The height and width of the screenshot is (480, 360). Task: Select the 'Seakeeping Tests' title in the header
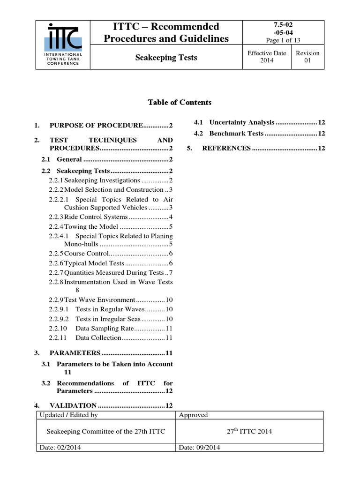[166, 58]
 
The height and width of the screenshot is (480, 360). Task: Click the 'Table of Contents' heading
[180, 102]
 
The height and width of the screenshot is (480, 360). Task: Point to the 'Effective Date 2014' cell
[266, 57]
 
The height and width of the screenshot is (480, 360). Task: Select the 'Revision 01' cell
[307, 57]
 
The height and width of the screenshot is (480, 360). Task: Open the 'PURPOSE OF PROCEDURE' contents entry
[103, 126]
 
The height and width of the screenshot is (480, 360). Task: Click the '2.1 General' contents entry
[108, 159]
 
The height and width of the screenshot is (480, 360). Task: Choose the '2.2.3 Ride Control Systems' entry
[111, 217]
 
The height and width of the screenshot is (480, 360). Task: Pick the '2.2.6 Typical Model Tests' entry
[111, 263]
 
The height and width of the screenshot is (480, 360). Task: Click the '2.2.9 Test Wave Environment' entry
[111, 300]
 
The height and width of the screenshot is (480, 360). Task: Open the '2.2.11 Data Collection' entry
[111, 337]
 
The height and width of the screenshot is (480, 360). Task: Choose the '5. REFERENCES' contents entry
[256, 149]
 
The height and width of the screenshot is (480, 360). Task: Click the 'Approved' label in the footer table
[194, 415]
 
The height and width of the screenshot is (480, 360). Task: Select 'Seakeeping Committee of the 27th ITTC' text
[105, 432]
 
